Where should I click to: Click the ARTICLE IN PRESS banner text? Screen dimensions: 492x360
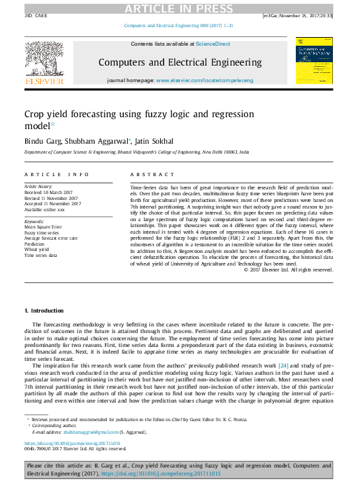click(180, 8)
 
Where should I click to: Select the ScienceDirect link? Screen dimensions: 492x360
click(213, 44)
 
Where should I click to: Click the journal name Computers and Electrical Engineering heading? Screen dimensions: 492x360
click(180, 62)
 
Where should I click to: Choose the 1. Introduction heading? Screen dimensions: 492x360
click(44, 310)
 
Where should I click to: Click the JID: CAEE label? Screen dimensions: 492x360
click(37, 14)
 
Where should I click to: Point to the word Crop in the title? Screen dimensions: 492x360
click(35, 115)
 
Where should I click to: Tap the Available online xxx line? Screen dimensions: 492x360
click(45, 209)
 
